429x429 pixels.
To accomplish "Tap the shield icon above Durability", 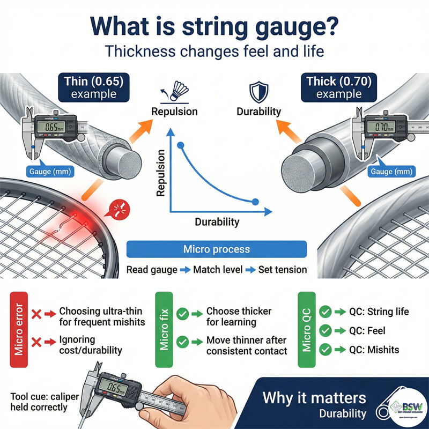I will pos(259,91).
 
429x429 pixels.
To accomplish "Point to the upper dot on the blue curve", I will pos(181,145).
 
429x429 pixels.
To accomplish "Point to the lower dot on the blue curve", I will pos(255,202).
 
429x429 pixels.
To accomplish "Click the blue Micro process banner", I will pos(216,249).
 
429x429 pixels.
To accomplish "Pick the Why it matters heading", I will pos(314,398).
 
